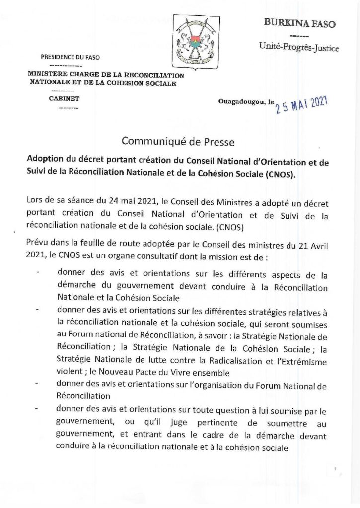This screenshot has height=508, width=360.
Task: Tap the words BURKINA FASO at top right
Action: (x=293, y=23)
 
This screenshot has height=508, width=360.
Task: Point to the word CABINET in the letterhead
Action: (x=64, y=98)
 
